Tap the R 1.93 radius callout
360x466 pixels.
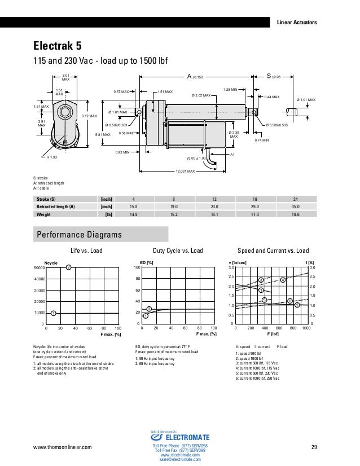[x=52, y=157]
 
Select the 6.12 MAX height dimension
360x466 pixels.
[x=89, y=116]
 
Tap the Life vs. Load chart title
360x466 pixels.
[x=86, y=250]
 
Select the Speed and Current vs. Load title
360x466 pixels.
[x=273, y=250]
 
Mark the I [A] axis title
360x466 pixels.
[x=310, y=262]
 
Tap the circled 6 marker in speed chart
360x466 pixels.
[x=289, y=301]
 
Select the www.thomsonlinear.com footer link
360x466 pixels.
[x=64, y=448]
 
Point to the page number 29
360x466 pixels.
[x=314, y=448]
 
